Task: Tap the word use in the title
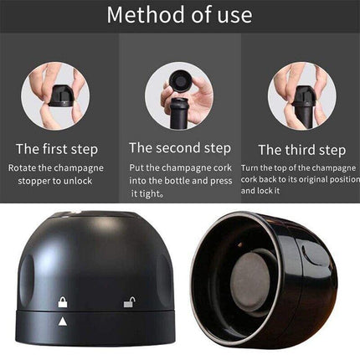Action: pos(234,16)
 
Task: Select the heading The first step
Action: pos(56,149)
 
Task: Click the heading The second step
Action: pos(179,147)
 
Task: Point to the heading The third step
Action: pos(301,150)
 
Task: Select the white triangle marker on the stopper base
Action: pos(62,321)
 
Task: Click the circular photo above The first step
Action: pos(55,95)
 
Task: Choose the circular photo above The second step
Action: pos(179,94)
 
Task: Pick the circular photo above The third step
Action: pos(302,95)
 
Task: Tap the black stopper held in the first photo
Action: pos(59,92)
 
